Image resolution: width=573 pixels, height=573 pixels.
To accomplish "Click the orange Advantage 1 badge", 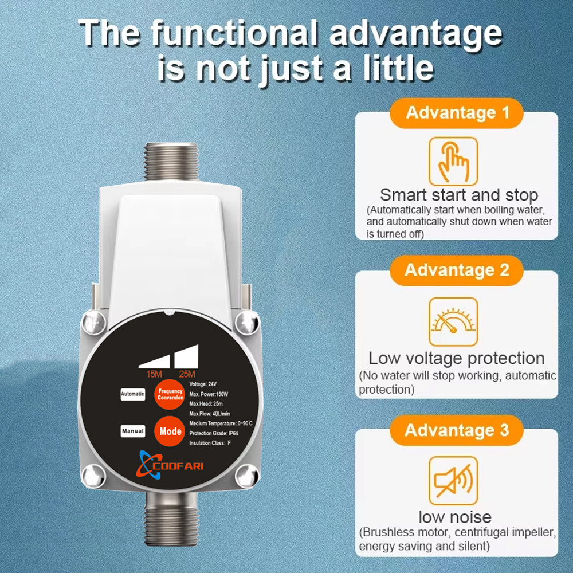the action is [457, 113].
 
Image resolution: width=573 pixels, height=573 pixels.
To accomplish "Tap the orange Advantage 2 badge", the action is [457, 270].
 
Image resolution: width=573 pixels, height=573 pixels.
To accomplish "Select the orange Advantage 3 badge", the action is [457, 430].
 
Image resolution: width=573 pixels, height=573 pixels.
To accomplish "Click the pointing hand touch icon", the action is [453, 162].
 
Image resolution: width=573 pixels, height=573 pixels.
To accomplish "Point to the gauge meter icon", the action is [453, 321].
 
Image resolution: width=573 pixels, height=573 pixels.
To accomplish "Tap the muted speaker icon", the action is [453, 481].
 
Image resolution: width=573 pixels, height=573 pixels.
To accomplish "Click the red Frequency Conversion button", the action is [170, 394].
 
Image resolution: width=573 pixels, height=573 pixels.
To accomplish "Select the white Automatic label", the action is [133, 394].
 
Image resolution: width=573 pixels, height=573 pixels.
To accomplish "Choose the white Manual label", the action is [133, 431].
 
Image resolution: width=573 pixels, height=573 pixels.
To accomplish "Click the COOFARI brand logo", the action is [170, 465].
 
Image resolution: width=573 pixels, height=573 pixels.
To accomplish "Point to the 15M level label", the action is [154, 374].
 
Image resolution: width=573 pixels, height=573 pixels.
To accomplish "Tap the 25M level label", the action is [187, 374].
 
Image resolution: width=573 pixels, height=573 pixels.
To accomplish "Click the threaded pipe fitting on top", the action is [171, 162].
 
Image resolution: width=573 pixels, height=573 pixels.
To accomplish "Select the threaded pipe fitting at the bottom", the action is [171, 519].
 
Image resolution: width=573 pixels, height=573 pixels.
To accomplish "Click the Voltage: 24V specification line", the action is [203, 384].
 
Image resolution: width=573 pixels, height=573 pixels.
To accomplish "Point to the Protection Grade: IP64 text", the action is [213, 433].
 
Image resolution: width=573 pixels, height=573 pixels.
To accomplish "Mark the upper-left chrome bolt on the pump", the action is [94, 322].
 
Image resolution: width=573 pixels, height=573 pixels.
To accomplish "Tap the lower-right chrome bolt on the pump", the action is [247, 476].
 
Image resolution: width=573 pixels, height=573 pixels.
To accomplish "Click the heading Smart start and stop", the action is [459, 195].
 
